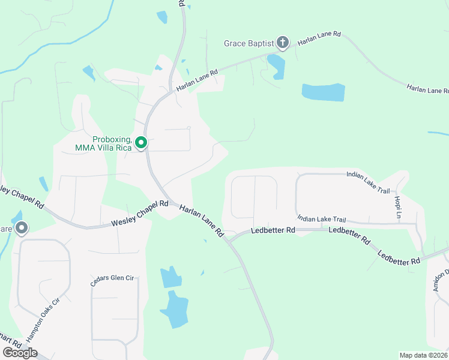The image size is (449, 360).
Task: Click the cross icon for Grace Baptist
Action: [x=283, y=43]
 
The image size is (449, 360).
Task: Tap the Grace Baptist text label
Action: [x=249, y=43]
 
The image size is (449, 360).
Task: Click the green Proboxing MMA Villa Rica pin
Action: [x=141, y=143]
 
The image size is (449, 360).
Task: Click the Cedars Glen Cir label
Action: [x=115, y=281]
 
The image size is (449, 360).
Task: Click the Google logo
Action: [x=19, y=352]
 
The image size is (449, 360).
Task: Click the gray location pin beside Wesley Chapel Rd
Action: [x=22, y=228]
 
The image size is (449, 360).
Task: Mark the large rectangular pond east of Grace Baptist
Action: [x=323, y=92]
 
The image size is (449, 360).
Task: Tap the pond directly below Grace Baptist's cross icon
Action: [x=276, y=66]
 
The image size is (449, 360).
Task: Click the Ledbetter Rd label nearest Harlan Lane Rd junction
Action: [x=273, y=230]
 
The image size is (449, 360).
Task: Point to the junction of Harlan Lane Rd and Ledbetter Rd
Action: [x=229, y=240]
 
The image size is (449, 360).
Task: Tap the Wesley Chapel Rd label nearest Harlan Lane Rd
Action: [x=139, y=214]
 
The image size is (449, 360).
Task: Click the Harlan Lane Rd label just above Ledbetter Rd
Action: [x=201, y=220]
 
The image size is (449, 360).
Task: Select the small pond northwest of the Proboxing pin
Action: [x=89, y=74]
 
